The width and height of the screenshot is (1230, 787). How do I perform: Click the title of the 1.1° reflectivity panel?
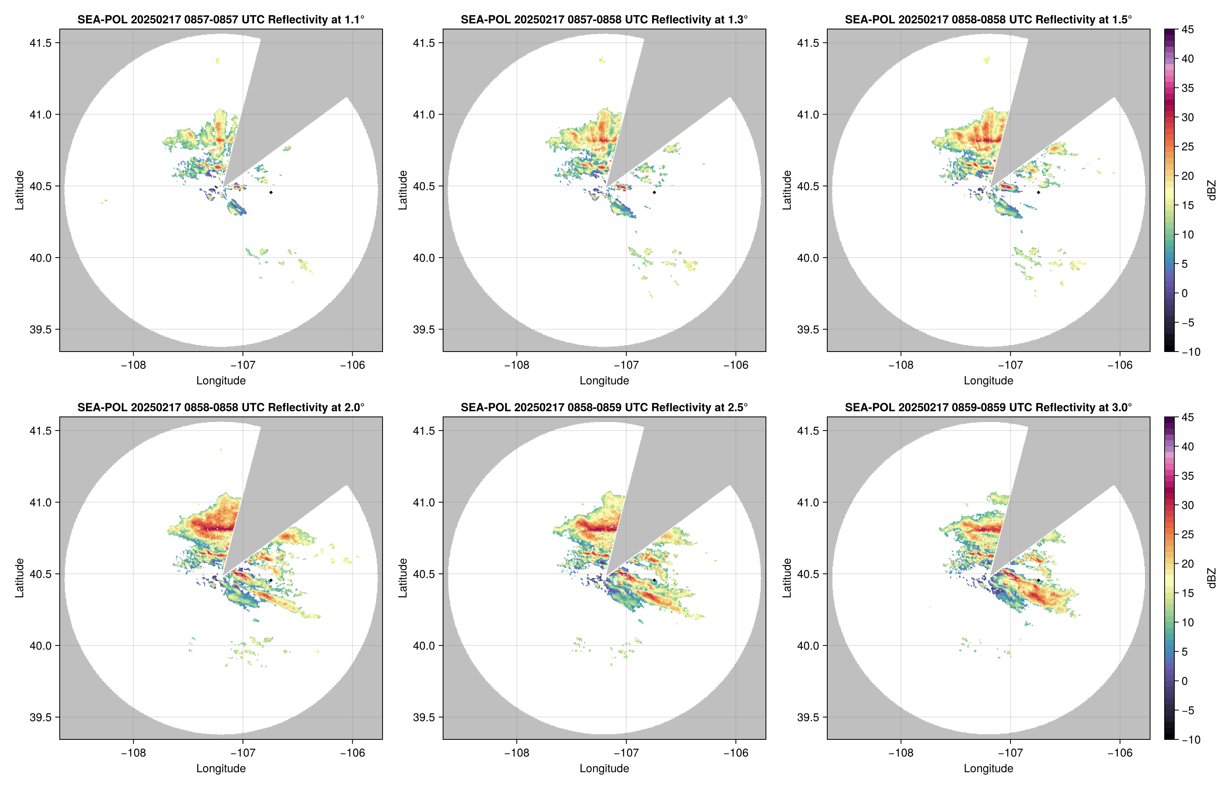[221, 19]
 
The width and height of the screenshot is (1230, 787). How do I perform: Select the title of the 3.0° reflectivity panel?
[988, 407]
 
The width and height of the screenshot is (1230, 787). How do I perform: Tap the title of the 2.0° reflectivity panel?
[221, 407]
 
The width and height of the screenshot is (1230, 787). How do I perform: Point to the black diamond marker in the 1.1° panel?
[270, 192]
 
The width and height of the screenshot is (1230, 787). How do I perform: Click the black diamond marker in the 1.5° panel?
[1038, 192]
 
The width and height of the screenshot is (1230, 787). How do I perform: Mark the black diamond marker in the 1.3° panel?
[654, 192]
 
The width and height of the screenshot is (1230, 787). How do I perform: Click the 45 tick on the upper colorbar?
[1188, 30]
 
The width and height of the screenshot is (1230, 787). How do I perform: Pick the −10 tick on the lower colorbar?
[1190, 739]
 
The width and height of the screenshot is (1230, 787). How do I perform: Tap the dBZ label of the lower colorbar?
[1211, 578]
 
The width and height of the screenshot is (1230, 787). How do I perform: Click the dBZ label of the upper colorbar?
[1211, 190]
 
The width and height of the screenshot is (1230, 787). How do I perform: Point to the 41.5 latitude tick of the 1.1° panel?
[41, 43]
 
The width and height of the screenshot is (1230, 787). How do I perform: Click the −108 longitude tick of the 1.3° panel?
[517, 365]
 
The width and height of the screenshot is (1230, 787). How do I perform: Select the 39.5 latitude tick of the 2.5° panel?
[424, 717]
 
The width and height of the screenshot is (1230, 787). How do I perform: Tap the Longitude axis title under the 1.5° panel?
[988, 380]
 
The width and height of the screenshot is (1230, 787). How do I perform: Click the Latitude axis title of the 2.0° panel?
[19, 578]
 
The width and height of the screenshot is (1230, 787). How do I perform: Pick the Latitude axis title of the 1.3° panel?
[403, 190]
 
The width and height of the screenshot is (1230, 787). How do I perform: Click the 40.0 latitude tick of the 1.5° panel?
[808, 258]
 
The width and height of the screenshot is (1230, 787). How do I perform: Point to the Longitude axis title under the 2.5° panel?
[604, 768]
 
